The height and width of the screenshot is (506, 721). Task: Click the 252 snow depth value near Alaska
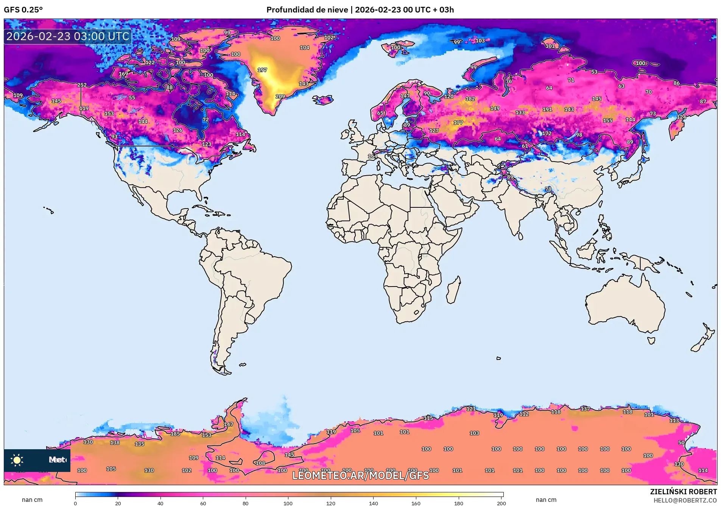pos(82,85)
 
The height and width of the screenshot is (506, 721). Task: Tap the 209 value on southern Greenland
pos(280,97)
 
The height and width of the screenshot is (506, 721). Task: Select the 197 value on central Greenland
pos(262,70)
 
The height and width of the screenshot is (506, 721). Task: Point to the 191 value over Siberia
pos(547,109)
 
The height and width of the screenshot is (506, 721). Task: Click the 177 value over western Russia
pos(458,123)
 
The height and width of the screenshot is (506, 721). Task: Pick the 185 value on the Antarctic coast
pos(175,434)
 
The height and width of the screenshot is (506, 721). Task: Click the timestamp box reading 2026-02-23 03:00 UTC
pos(68,36)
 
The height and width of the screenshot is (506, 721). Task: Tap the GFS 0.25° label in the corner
pos(23,10)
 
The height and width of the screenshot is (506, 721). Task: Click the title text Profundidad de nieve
pos(307,10)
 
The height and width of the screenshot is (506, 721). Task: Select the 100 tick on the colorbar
pos(288,503)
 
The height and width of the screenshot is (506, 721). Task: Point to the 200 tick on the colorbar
pos(501,503)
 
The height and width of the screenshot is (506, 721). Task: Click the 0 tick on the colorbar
pos(75,503)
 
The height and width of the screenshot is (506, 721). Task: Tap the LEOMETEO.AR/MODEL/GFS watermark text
pos(360,475)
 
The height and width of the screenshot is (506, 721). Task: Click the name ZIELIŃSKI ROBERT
pos(683,492)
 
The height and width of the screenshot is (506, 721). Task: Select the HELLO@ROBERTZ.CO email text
pos(685,500)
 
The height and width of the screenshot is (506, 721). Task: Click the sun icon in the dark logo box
pos(17,460)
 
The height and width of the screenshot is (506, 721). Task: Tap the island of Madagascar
pos(453,291)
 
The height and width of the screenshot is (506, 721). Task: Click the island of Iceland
pos(322,100)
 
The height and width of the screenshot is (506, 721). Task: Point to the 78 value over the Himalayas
pos(548,189)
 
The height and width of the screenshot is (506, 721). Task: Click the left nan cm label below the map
pos(32,500)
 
